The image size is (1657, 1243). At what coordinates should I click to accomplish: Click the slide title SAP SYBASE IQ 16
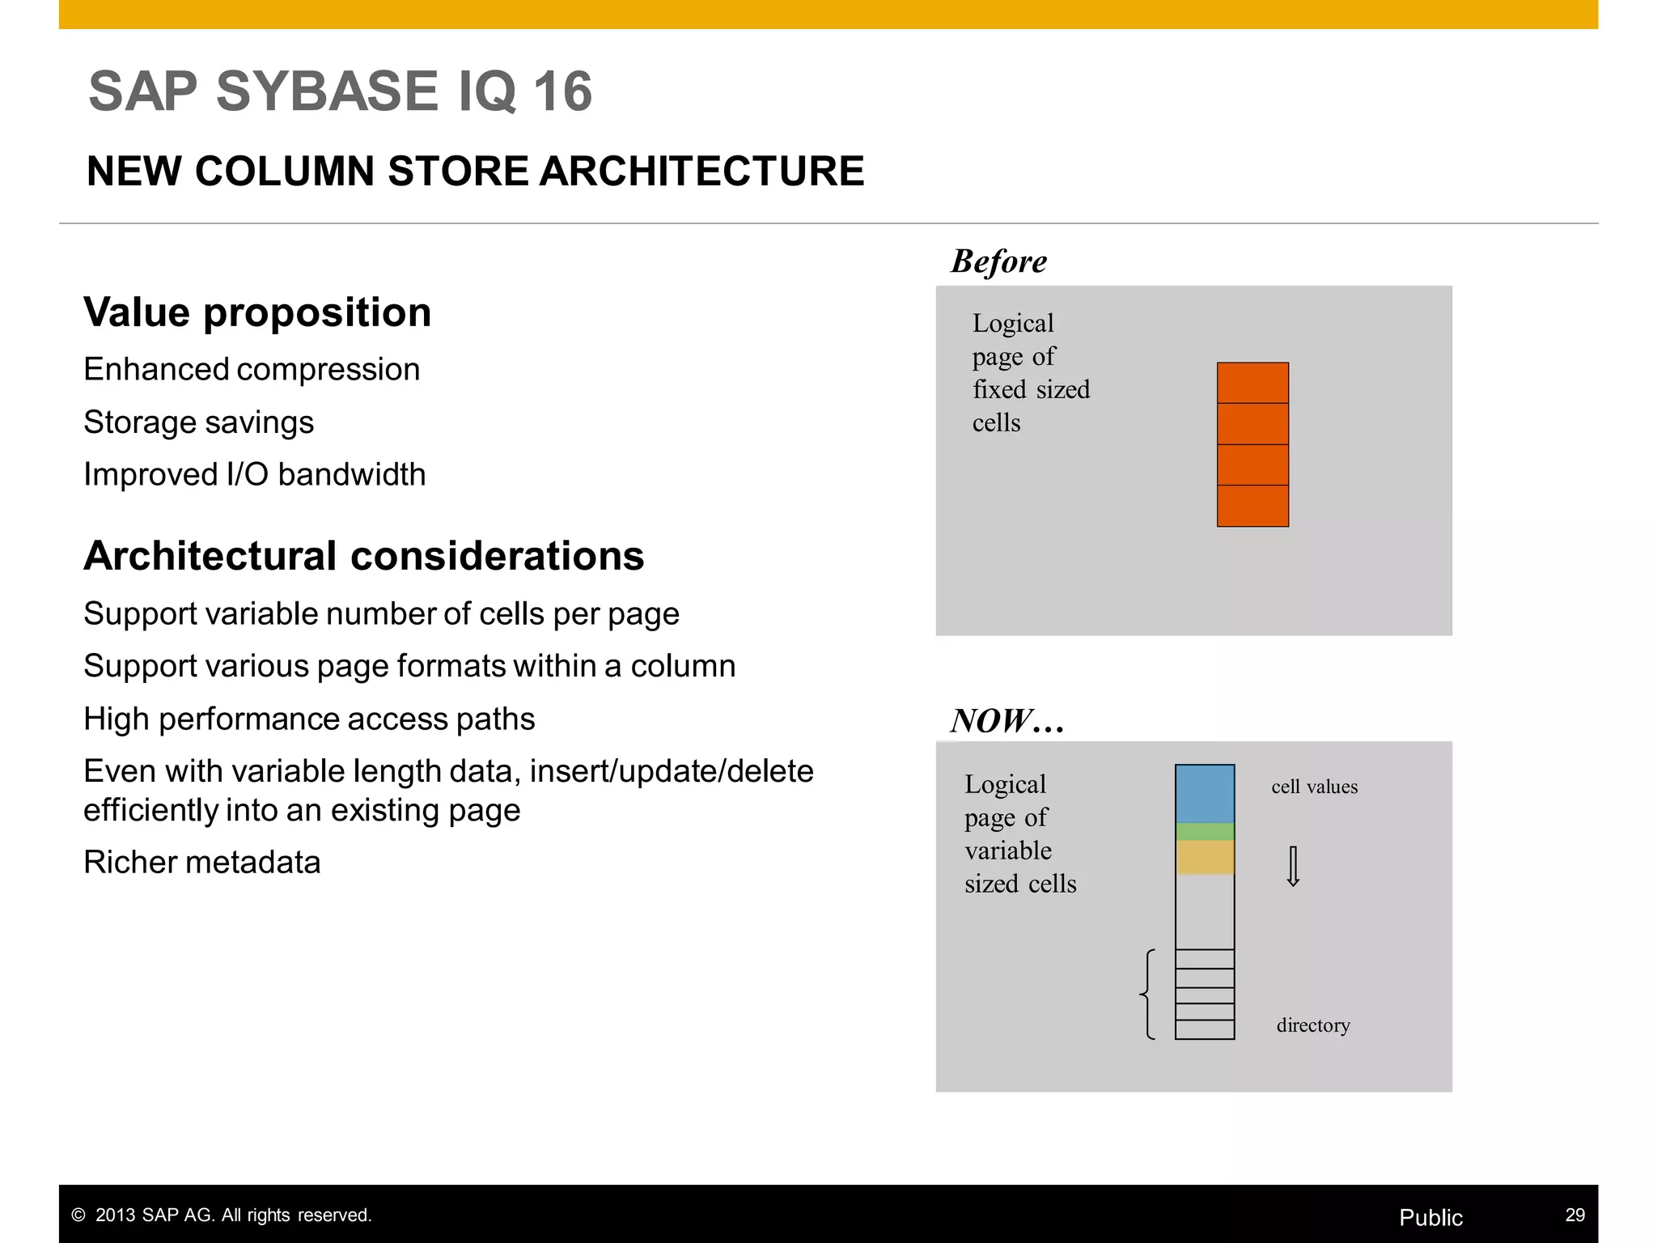point(340,91)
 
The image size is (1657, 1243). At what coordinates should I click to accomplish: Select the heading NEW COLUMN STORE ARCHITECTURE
point(475,172)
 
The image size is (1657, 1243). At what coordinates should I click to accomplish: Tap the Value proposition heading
point(257,312)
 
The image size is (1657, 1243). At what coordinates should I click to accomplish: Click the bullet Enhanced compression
point(252,370)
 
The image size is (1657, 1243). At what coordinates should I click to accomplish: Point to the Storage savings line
point(198,422)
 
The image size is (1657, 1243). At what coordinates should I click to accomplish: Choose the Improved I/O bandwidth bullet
point(254,475)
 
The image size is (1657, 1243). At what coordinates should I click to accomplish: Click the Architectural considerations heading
point(363,556)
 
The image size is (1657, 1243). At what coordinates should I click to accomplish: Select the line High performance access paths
point(309,719)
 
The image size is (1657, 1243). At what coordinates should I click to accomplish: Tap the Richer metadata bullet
point(201,863)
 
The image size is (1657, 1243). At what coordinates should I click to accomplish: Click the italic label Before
point(998,261)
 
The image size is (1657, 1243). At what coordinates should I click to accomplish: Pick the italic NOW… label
point(1006,720)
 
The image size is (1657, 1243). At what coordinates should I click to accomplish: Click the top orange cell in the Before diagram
point(1252,383)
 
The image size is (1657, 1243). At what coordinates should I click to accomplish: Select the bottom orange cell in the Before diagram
point(1252,506)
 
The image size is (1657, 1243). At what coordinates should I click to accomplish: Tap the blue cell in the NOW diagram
point(1205,794)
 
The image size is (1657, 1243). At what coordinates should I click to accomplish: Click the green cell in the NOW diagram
point(1205,831)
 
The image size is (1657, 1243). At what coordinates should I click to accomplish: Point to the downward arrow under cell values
point(1293,867)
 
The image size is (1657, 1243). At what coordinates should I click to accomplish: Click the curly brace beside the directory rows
point(1147,994)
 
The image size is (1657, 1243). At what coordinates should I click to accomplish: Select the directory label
point(1313,1025)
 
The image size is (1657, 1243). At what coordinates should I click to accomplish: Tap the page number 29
point(1574,1215)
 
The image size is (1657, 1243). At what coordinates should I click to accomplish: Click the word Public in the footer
point(1430,1217)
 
